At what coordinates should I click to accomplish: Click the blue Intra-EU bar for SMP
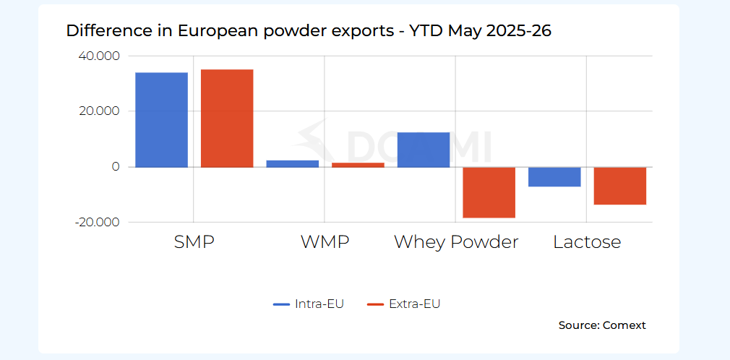click(162, 120)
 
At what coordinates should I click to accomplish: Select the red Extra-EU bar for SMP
click(227, 119)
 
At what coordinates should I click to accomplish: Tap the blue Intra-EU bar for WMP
click(293, 163)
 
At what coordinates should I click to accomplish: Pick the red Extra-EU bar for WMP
click(358, 165)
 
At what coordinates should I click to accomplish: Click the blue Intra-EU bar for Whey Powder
click(424, 150)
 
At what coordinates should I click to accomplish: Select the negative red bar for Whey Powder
click(489, 192)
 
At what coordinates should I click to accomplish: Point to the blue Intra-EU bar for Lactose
click(554, 177)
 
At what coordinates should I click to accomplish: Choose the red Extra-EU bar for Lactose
click(620, 186)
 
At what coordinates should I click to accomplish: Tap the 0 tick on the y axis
click(116, 167)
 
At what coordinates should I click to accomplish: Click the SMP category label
click(194, 242)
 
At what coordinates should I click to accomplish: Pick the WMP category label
click(325, 242)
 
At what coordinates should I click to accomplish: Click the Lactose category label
click(587, 242)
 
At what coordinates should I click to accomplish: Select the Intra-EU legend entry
click(308, 304)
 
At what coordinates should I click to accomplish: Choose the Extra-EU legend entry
click(403, 304)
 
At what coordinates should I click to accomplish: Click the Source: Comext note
click(602, 325)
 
